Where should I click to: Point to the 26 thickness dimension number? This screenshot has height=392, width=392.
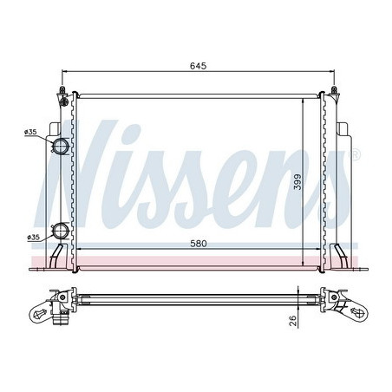[294, 322]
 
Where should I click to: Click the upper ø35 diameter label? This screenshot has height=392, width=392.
[31, 133]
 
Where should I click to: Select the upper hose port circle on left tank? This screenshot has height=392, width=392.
[61, 146]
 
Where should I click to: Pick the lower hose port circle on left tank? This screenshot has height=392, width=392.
[61, 232]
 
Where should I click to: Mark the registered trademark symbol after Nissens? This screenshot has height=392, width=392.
[354, 154]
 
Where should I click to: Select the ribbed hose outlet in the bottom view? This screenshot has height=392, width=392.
[61, 314]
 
